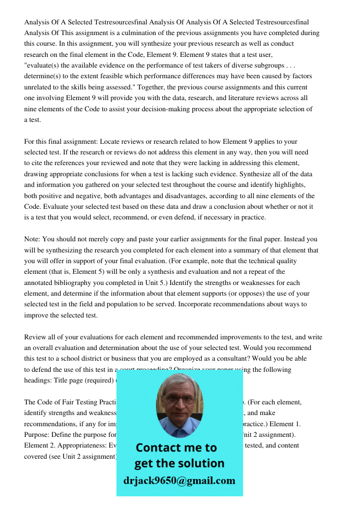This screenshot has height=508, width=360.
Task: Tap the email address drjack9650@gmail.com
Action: [x=179, y=481]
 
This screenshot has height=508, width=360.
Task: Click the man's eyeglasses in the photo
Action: [x=179, y=399]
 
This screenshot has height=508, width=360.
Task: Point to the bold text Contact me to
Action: [x=176, y=448]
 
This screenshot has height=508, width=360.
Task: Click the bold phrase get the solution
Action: [x=179, y=463]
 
